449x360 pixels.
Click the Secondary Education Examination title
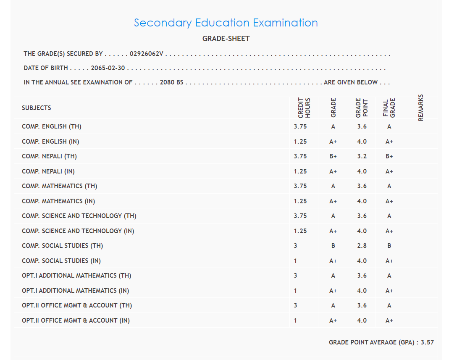pyautogui.click(x=226, y=23)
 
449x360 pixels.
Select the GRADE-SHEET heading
pyautogui.click(x=226, y=39)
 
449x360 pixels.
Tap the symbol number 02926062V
pyautogui.click(x=147, y=54)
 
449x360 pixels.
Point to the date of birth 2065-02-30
pyautogui.click(x=108, y=68)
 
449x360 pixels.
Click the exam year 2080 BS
pyautogui.click(x=172, y=82)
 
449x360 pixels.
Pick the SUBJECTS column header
pyautogui.click(x=37, y=108)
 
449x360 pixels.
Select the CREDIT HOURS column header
pyautogui.click(x=304, y=108)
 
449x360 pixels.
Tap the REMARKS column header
pyautogui.click(x=421, y=108)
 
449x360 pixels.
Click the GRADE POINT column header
pyautogui.click(x=362, y=108)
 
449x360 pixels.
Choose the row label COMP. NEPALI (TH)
pyautogui.click(x=50, y=156)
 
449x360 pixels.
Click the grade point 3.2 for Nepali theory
pyautogui.click(x=362, y=156)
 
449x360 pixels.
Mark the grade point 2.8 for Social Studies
pyautogui.click(x=362, y=246)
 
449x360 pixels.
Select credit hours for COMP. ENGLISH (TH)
pyautogui.click(x=300, y=126)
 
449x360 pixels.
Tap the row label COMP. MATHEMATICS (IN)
pyautogui.click(x=58, y=201)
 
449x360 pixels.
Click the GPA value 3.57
pyautogui.click(x=427, y=342)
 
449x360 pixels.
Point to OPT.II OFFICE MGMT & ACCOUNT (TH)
pyautogui.click(x=77, y=305)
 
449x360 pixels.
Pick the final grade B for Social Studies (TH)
pyautogui.click(x=389, y=246)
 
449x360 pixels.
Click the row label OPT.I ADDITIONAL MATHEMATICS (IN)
pyautogui.click(x=76, y=291)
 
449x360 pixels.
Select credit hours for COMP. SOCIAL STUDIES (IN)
pyautogui.click(x=295, y=261)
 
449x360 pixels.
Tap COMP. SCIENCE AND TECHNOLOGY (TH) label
pyautogui.click(x=79, y=216)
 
